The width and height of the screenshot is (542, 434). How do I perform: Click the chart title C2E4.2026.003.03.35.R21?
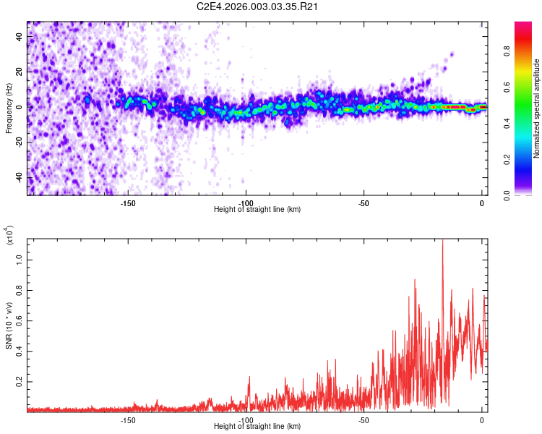pos(259,7)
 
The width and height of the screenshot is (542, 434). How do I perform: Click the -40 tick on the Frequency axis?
pos(18,177)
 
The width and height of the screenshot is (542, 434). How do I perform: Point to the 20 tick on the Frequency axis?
pos(20,72)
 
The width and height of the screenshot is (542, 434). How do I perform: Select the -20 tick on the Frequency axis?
pos(18,142)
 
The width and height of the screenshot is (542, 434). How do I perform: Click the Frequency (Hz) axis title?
pos(9,109)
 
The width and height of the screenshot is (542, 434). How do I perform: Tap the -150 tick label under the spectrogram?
pos(127,203)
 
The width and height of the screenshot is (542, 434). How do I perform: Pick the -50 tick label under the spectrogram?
pos(364,203)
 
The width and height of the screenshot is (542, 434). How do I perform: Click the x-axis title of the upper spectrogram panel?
pos(257,210)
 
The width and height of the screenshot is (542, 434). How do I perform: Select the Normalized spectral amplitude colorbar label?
pos(537,109)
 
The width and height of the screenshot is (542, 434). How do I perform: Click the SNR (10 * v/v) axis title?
pos(9,325)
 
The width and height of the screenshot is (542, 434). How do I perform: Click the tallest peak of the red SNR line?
pos(442,240)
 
